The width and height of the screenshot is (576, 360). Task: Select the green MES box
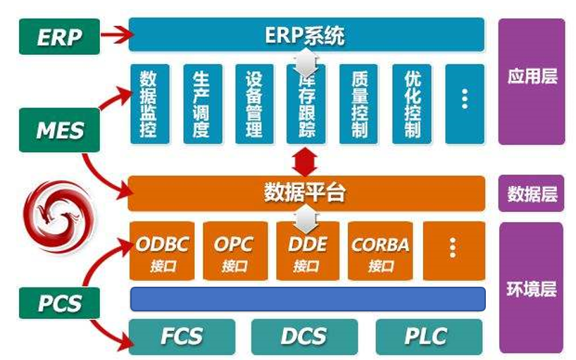pyautogui.click(x=60, y=129)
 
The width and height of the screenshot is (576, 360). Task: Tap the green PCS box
pyautogui.click(x=60, y=303)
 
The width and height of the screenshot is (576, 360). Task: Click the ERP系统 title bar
pyautogui.click(x=306, y=35)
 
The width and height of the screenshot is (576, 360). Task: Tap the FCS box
pyautogui.click(x=182, y=336)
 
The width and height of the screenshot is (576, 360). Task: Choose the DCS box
pyautogui.click(x=303, y=336)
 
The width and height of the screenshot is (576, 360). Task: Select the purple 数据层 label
pyautogui.click(x=532, y=194)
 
